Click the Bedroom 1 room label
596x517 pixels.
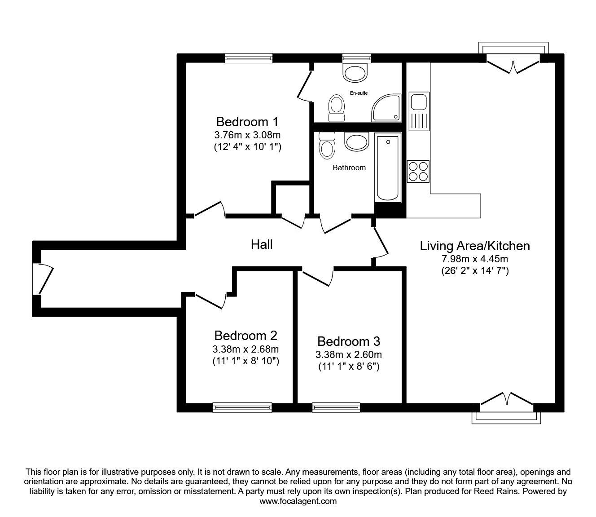coord(247,122)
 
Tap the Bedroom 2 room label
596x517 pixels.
coord(245,336)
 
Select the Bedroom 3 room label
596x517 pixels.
coord(349,341)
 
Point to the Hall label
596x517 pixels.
coord(262,244)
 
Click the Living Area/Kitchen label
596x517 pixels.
coord(475,246)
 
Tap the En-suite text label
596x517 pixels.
coord(359,93)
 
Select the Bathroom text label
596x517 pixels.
coord(349,168)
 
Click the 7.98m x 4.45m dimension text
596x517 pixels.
coord(475,259)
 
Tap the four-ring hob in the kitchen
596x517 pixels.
coord(418,171)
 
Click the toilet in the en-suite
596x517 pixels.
coord(336,108)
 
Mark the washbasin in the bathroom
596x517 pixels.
coord(356,141)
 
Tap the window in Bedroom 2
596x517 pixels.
coord(242,407)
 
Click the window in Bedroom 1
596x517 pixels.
coord(249,58)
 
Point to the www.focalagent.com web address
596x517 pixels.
coord(298,501)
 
